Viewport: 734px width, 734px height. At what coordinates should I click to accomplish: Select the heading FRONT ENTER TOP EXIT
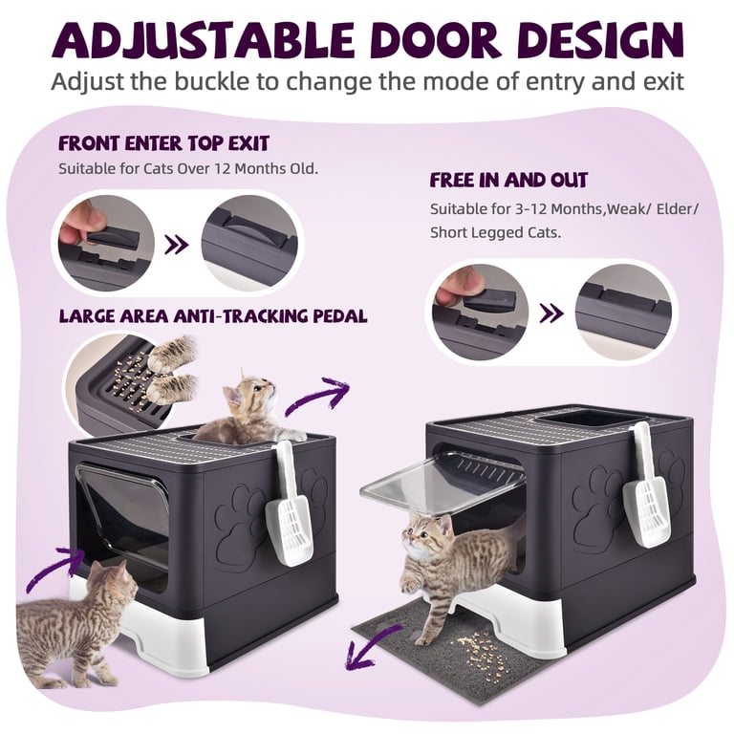(x=163, y=143)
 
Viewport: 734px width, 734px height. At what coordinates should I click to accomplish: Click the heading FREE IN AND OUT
(x=508, y=181)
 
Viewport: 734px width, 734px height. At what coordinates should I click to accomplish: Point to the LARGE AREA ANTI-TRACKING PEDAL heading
(x=213, y=316)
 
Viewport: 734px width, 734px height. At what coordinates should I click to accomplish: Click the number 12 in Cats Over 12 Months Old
(x=222, y=168)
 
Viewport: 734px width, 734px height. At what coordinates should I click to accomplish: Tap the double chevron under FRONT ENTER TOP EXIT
(x=177, y=245)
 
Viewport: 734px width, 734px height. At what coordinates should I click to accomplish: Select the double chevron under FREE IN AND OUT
(x=550, y=313)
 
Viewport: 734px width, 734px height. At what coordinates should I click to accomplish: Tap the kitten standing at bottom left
(x=77, y=622)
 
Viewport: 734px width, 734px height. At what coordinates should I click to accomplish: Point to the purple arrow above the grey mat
(x=368, y=652)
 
